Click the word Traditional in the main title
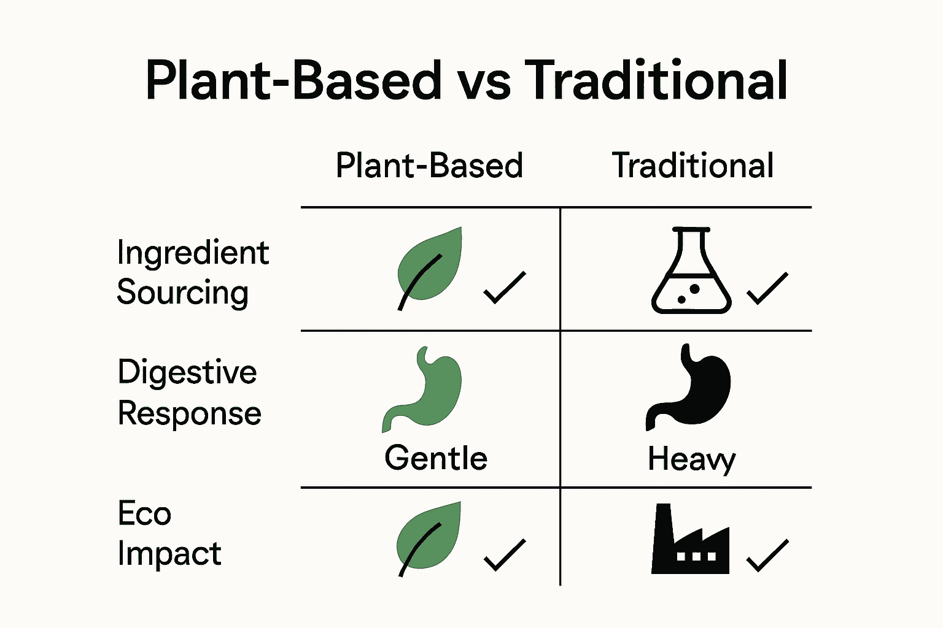click(x=656, y=80)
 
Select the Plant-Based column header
click(x=429, y=166)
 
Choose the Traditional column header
click(x=693, y=166)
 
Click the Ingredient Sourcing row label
click(x=192, y=272)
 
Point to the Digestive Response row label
click(x=189, y=392)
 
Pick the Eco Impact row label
click(x=169, y=534)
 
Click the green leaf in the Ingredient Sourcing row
click(x=429, y=265)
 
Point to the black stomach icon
click(x=690, y=387)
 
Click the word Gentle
click(x=436, y=458)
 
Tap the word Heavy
click(x=691, y=459)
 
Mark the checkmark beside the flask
click(x=767, y=288)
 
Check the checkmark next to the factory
click(x=767, y=556)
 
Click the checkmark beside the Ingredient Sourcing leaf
click(x=505, y=288)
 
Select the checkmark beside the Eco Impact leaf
click(x=505, y=555)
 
